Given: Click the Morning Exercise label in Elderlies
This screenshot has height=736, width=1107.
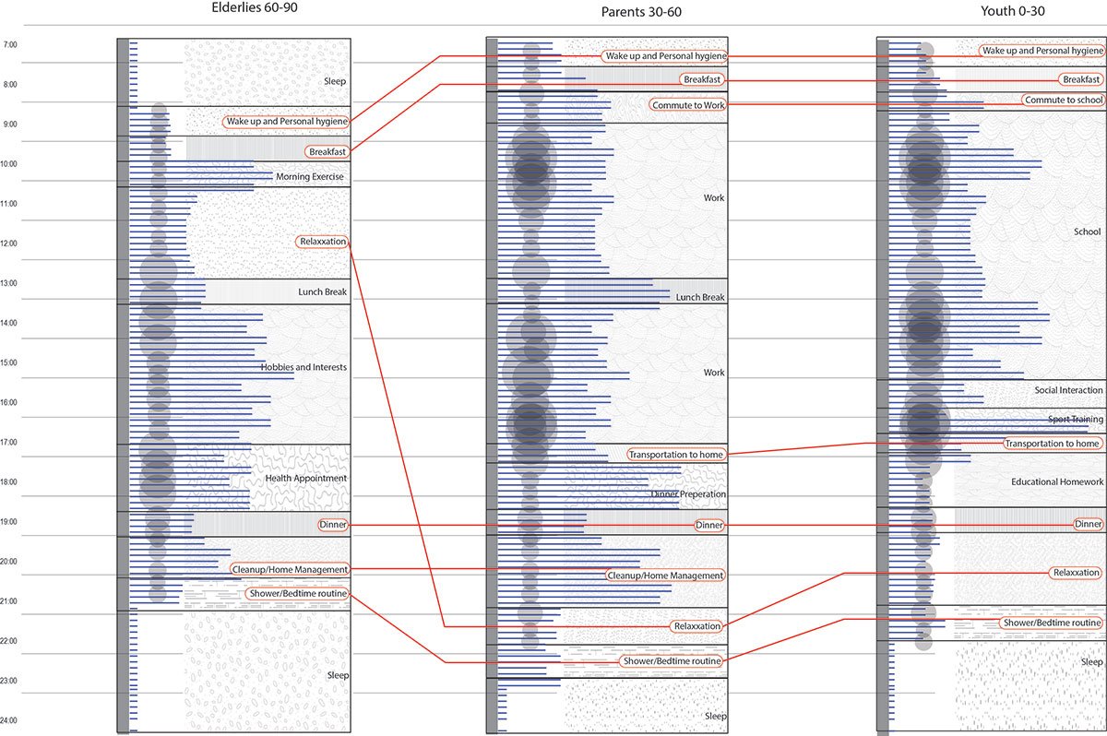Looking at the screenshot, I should point(309,177).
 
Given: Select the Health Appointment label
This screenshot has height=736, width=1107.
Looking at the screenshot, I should point(305,478).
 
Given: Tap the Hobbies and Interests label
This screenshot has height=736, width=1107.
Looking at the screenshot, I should point(304,367).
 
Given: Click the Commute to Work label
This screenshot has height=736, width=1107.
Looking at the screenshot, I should point(688,105).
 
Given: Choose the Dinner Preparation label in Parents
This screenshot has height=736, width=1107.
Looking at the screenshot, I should point(688,494).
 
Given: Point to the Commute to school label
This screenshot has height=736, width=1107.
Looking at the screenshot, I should point(1063,100).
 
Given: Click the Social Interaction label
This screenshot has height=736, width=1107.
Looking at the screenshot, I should point(1068,390).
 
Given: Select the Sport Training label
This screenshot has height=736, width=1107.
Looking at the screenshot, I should point(1075,420).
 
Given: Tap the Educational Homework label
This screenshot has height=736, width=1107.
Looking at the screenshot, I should point(1057,481).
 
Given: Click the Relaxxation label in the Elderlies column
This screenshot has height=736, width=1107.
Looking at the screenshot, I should point(323,242).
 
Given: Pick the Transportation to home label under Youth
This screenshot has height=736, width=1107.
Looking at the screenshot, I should point(1053,444).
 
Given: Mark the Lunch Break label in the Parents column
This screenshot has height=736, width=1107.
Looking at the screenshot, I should point(700,297).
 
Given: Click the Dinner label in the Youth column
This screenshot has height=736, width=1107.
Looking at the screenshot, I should point(1089,524).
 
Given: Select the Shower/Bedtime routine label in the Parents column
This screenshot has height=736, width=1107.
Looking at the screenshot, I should point(671,660).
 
